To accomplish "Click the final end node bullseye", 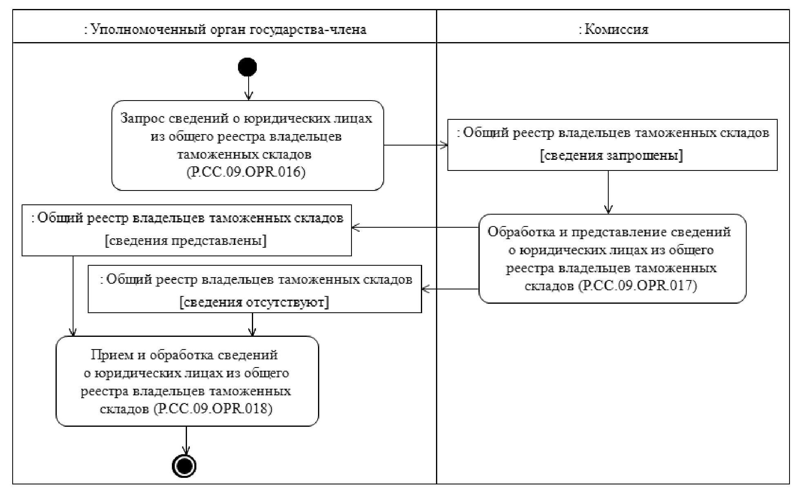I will pos(185,466).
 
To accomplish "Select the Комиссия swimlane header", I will pos(613,29).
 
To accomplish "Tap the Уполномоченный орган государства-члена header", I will pos(225,29).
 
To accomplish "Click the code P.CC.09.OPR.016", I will pos(246,172).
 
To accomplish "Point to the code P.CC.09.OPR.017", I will pos(638,285).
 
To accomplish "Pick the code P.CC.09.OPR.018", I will pos(213,408).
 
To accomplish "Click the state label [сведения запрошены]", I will pos(612,156).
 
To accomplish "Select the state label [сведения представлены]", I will pos(186,240).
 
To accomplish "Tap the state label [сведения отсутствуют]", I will pos(254,302).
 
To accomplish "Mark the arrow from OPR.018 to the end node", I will pos(186,441).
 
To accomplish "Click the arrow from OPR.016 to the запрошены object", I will pos(416,145).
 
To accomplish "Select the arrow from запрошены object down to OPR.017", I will pos(608,192).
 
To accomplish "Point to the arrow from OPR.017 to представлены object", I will pos(415,227).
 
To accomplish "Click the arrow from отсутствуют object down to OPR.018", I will pos(253,324).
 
